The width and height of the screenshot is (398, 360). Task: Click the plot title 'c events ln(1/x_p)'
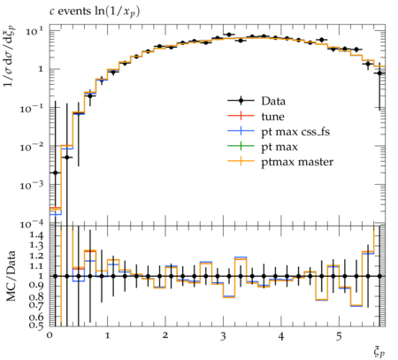[95, 11]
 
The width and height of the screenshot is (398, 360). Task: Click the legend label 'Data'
[273, 101]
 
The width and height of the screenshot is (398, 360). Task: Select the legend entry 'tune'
[272, 117]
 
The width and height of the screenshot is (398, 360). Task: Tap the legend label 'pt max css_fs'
[295, 132]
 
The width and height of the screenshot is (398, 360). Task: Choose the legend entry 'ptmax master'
[297, 162]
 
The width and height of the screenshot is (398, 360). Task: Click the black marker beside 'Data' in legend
[241, 101]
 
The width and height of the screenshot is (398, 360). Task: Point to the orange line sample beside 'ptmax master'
[241, 161]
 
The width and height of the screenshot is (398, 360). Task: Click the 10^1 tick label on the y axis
[34, 31]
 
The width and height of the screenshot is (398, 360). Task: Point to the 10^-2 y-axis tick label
[32, 146]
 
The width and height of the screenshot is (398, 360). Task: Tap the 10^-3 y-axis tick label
[32, 185]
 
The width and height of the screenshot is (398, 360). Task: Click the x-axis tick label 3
[223, 336]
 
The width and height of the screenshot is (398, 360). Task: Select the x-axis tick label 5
[339, 336]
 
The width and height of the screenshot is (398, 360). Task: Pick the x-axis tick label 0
[50, 336]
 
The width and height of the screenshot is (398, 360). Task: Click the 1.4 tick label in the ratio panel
[36, 235]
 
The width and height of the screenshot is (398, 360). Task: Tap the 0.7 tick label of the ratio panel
[36, 306]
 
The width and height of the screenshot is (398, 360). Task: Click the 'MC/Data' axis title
[11, 276]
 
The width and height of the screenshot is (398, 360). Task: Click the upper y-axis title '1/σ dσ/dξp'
[10, 56]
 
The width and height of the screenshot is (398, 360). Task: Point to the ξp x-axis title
[379, 352]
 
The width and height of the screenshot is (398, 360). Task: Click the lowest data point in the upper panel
[55, 172]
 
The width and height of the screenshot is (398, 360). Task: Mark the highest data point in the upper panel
[229, 34]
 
